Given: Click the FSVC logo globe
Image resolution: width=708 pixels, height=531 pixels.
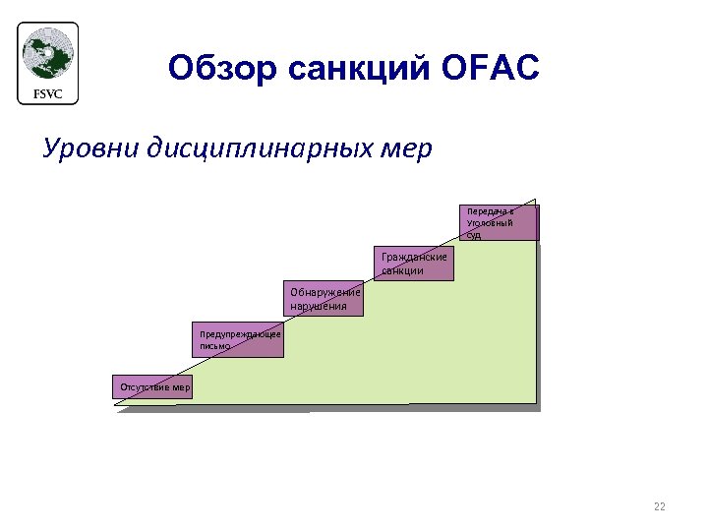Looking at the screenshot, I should [47, 55].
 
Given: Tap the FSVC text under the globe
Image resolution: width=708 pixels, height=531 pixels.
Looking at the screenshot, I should [47, 93].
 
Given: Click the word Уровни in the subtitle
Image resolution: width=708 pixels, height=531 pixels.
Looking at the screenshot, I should [90, 148].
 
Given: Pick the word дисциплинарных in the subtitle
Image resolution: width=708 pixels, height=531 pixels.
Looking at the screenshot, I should [264, 148].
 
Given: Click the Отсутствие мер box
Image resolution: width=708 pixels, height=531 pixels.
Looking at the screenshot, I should [154, 387].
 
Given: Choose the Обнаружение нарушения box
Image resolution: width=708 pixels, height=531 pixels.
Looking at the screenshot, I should [324, 300].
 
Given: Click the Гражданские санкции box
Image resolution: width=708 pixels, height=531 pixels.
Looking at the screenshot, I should [414, 263].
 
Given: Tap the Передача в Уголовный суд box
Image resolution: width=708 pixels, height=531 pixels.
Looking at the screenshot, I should [499, 223].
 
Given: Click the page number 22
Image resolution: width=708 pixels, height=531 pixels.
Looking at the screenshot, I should [659, 506].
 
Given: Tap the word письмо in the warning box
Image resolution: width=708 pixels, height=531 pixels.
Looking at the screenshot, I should [214, 346].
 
